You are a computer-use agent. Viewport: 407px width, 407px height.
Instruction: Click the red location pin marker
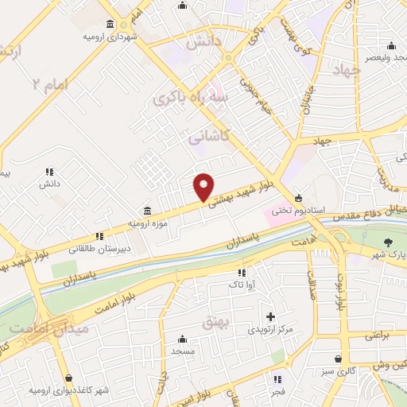pyautogui.click(x=204, y=186)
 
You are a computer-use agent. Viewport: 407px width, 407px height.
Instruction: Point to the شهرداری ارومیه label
pyautogui.click(x=110, y=37)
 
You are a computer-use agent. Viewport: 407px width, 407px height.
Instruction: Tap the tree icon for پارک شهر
pyautogui.click(x=389, y=242)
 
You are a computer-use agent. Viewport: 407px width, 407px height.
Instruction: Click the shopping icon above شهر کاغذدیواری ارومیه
pyautogui.click(x=69, y=377)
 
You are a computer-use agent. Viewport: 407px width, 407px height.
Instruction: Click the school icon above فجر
pyautogui.click(x=278, y=379)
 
